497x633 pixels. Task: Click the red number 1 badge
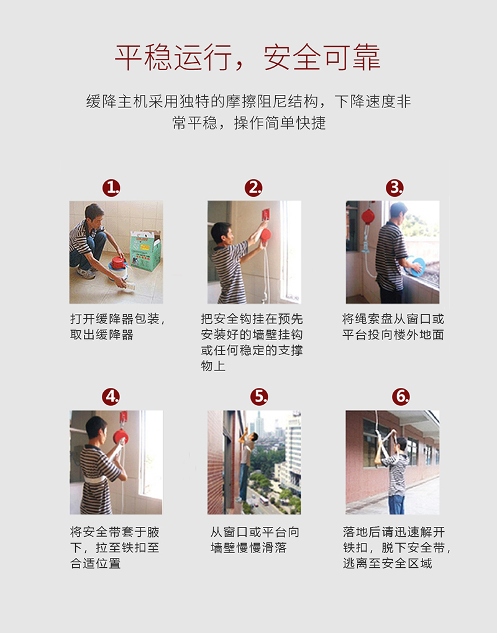pos(111,188)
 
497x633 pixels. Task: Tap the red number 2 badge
pos(253,188)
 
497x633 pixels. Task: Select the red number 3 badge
pos(394,188)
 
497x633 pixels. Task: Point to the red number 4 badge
pos(111,397)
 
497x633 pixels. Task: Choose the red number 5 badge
pos(259,397)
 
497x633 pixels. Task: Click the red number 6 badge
pos(401,397)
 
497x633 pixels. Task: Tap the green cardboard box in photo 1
pos(145,251)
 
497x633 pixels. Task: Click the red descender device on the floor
pos(117,263)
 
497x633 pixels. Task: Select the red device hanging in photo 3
pos(368,217)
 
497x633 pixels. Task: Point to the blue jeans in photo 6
pos(396,505)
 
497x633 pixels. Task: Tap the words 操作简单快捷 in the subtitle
pos(280,123)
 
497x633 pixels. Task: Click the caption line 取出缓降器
pos(102,334)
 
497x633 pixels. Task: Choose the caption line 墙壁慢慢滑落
pos(248,548)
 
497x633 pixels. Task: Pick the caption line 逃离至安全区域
pos(388,563)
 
